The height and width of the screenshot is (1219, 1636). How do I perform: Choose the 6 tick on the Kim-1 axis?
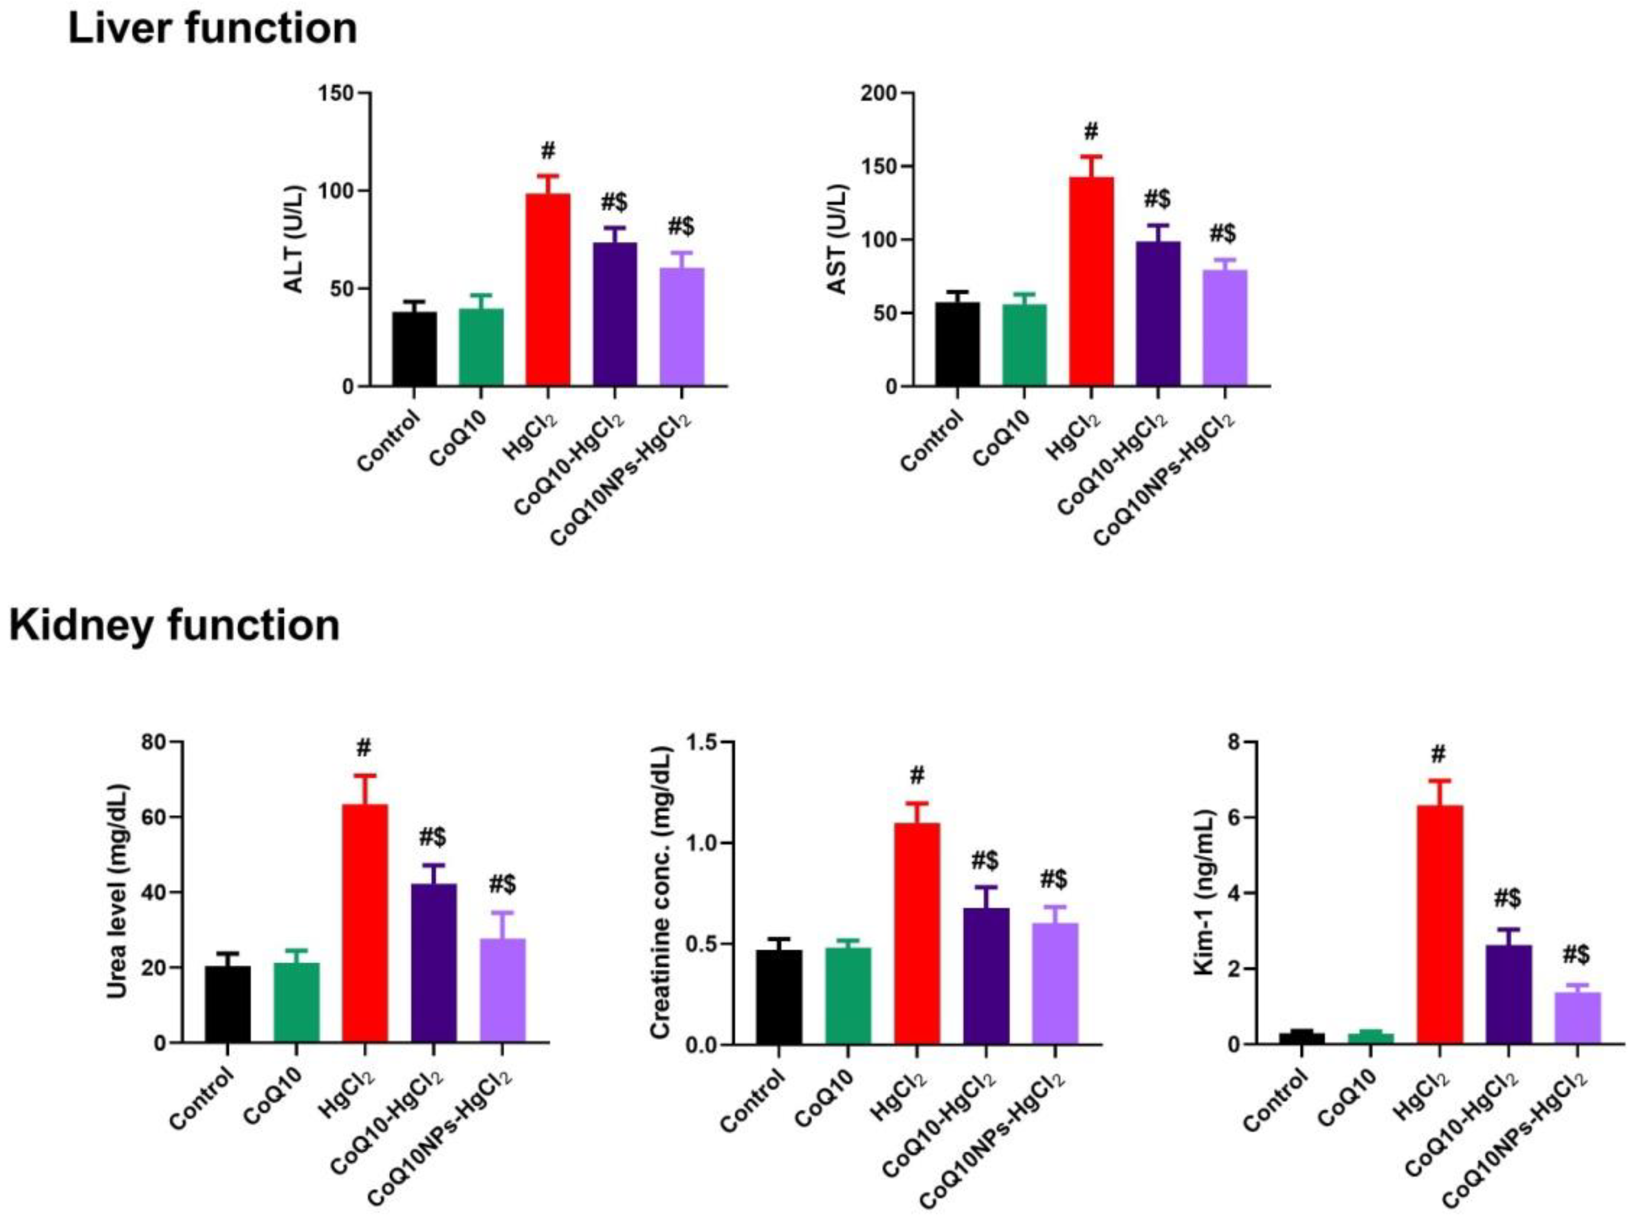tap(1227, 818)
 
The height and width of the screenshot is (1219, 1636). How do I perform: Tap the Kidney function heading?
tap(175, 626)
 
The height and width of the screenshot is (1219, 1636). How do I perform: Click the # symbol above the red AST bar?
tap(1091, 132)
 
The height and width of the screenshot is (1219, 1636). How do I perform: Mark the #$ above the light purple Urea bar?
tap(502, 883)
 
